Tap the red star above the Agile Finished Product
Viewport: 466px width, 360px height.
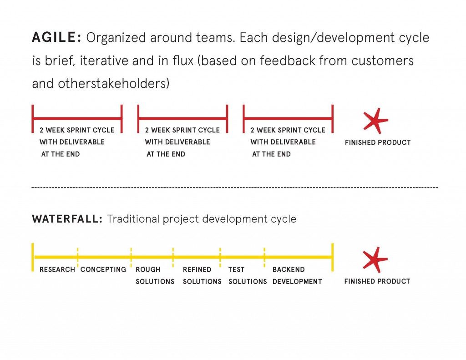[x=375, y=121]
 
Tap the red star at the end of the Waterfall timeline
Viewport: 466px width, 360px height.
[x=375, y=259]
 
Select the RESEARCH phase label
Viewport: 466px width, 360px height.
[x=57, y=269]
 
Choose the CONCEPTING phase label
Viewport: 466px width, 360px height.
[x=103, y=269]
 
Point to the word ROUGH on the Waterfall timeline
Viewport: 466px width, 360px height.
[x=148, y=269]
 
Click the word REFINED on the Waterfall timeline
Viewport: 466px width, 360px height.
[x=197, y=269]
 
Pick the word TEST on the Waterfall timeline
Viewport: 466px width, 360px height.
[x=236, y=269]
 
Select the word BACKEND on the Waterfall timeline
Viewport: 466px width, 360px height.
[x=289, y=269]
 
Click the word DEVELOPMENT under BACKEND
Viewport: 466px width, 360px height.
[x=297, y=282]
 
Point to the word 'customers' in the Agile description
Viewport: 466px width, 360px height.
[x=382, y=61]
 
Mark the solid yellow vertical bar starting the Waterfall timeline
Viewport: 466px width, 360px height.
[x=33, y=257]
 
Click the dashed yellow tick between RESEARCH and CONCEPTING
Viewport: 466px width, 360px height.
[x=77, y=258]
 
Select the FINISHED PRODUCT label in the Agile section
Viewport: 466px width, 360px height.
[x=378, y=142]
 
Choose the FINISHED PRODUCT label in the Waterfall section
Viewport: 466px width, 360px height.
[x=377, y=281]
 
